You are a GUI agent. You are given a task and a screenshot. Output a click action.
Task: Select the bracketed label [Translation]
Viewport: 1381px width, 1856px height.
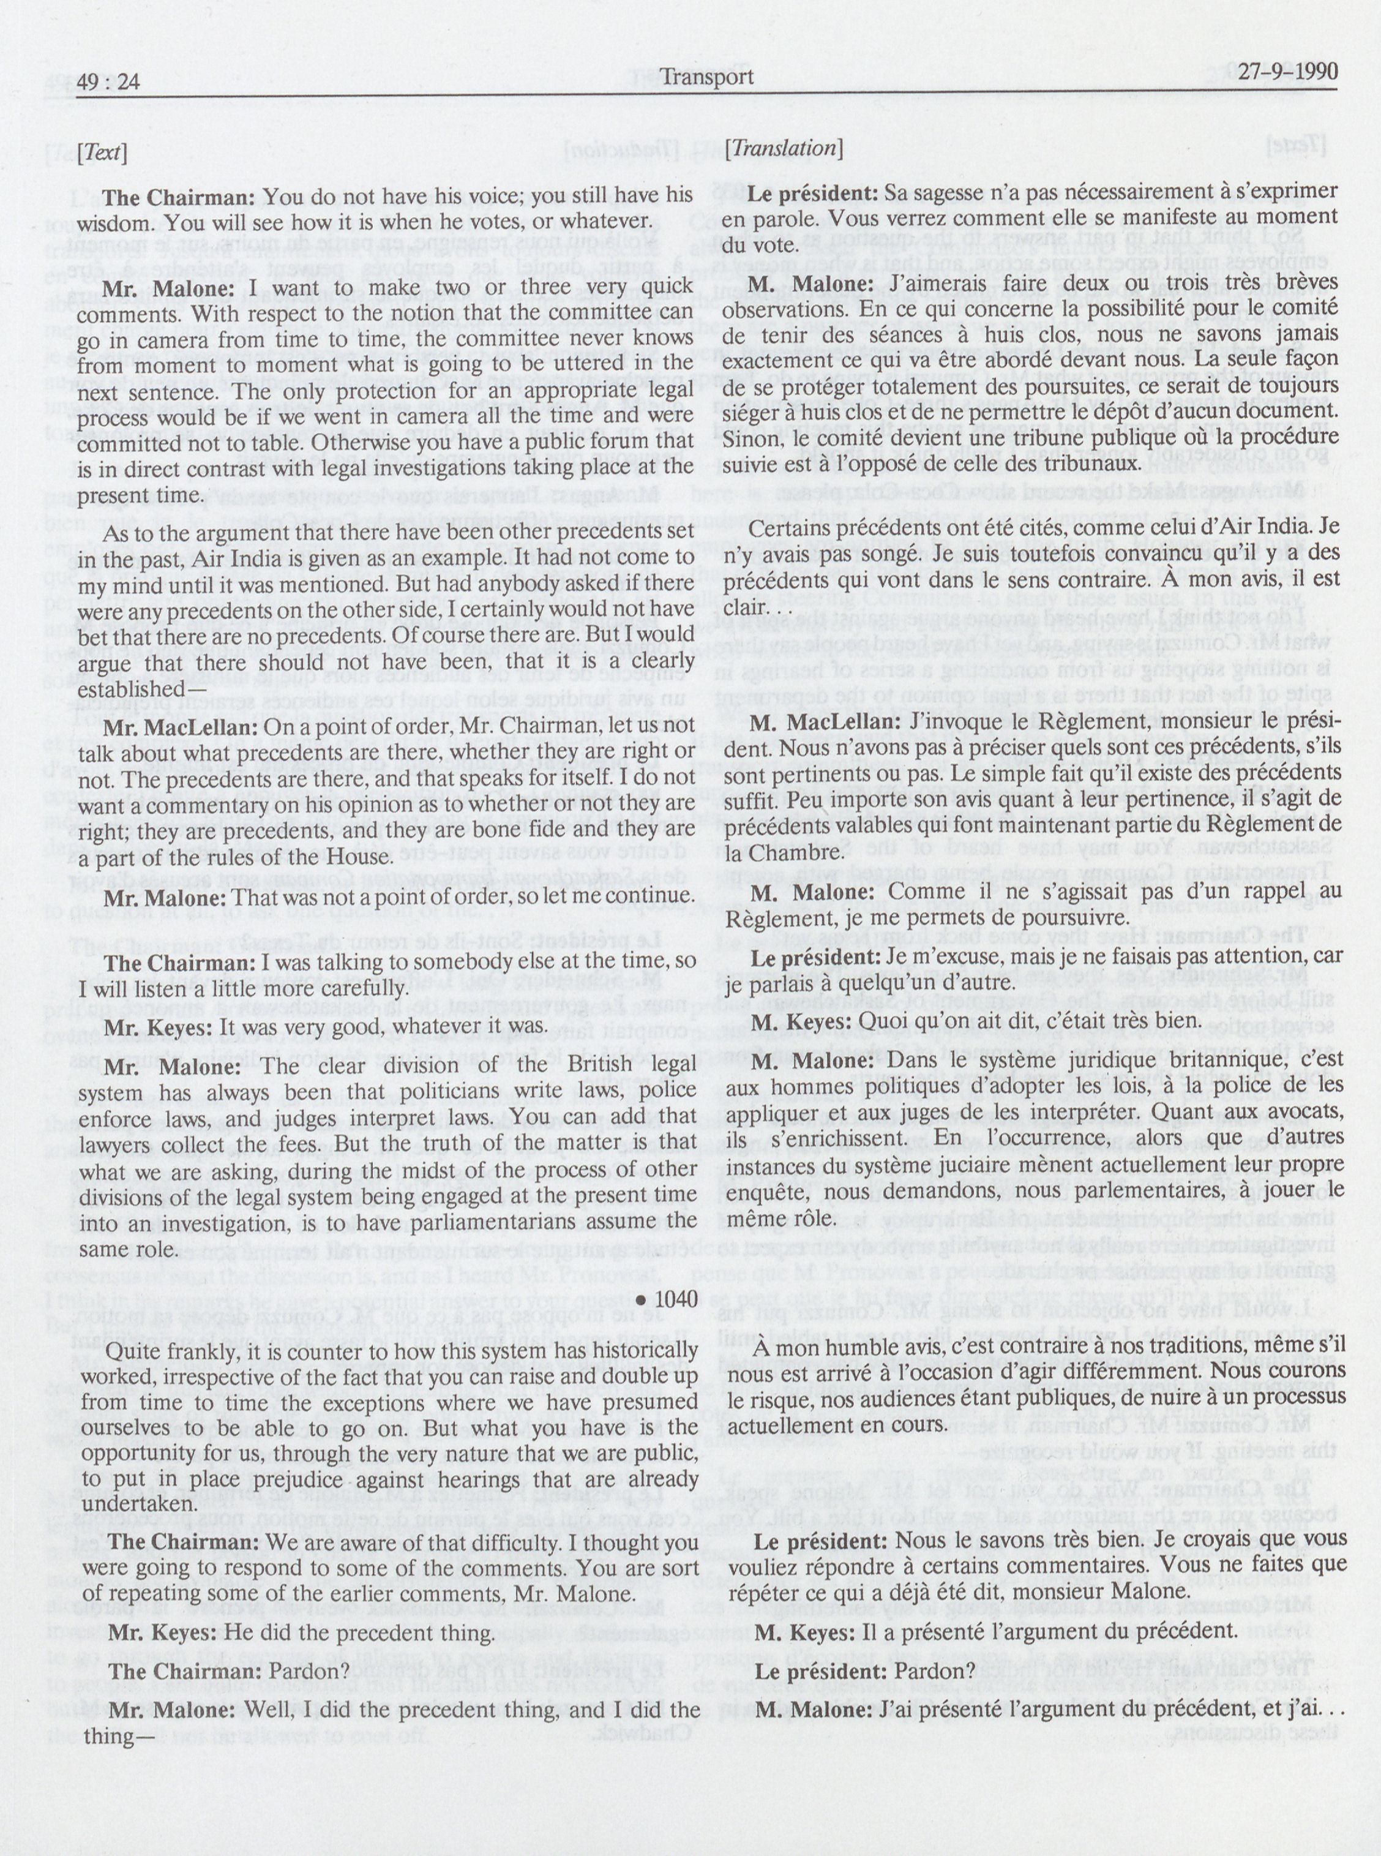[x=784, y=149]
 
